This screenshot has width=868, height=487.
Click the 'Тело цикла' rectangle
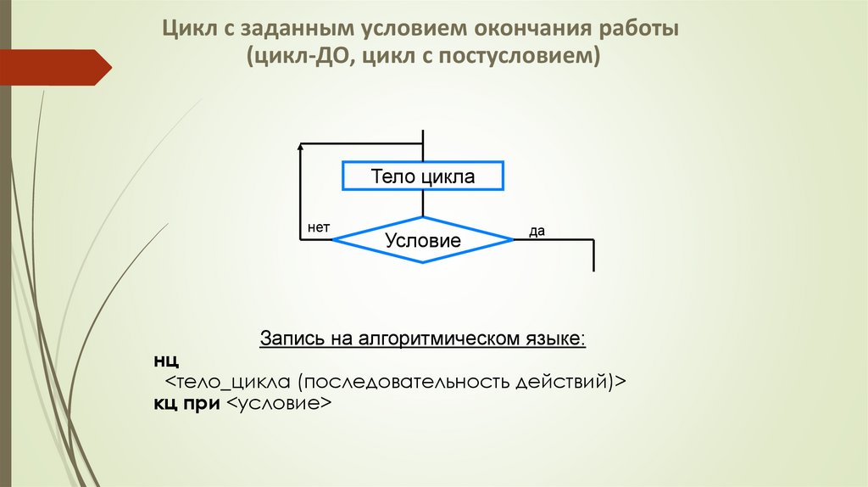tap(422, 176)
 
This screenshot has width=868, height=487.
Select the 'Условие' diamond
tap(422, 240)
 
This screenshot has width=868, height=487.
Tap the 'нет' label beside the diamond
tap(319, 228)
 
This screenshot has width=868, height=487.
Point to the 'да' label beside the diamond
tap(537, 230)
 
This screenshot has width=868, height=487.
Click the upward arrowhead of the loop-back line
tap(301, 148)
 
